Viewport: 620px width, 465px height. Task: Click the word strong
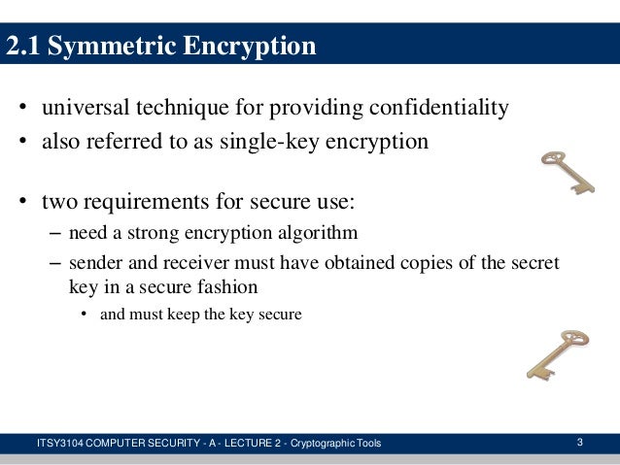[x=154, y=233]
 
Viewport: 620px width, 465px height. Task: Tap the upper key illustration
[x=568, y=172]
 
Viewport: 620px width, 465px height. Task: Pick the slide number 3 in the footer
[x=580, y=444]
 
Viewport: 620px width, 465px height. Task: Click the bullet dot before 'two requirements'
[x=21, y=203]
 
